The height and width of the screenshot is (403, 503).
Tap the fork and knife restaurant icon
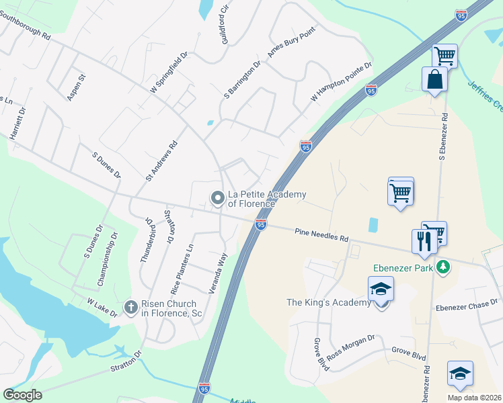[x=424, y=241]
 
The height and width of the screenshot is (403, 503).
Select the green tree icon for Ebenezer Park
[x=442, y=267]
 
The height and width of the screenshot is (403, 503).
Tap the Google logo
[x=23, y=395]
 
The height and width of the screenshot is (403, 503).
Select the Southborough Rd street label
[x=26, y=25]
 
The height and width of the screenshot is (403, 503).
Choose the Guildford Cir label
[x=226, y=22]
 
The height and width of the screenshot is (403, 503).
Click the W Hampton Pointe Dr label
[x=342, y=81]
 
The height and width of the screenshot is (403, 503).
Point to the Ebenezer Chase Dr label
[x=467, y=306]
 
